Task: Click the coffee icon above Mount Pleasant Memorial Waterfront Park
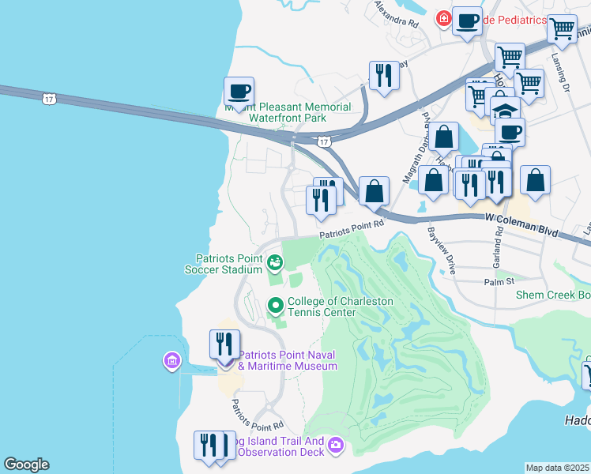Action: tap(239, 91)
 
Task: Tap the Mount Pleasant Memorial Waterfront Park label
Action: tap(288, 112)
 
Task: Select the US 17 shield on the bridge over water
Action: tap(49, 98)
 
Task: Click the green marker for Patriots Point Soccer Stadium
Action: tap(275, 261)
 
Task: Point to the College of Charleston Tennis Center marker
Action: tap(276, 303)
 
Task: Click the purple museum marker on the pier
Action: tap(171, 362)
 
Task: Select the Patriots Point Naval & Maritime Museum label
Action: tap(288, 360)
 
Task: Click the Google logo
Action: tap(26, 465)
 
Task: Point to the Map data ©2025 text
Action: tap(557, 468)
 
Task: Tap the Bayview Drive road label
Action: tap(442, 250)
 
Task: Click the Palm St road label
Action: tap(499, 280)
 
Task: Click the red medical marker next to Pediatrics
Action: tap(444, 17)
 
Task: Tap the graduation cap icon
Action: tap(505, 110)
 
